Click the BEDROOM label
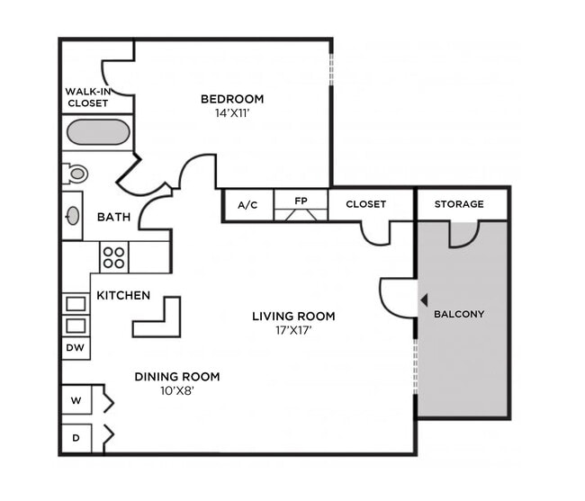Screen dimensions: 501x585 pyautogui.click(x=232, y=99)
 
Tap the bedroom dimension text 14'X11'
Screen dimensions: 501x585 pyautogui.click(x=232, y=113)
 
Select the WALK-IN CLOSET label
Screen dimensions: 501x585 pyautogui.click(x=87, y=97)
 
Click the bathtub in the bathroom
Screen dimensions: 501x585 pyautogui.click(x=98, y=133)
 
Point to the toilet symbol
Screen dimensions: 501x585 pyautogui.click(x=76, y=174)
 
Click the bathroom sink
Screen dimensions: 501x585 pyautogui.click(x=72, y=216)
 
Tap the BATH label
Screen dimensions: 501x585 pyautogui.click(x=114, y=217)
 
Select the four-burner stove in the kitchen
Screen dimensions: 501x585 pyautogui.click(x=113, y=257)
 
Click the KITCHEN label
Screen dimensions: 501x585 pyautogui.click(x=123, y=295)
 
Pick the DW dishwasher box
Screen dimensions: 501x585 pyautogui.click(x=76, y=347)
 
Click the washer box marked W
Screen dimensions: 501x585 pyautogui.click(x=76, y=399)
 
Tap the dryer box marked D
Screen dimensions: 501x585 pyautogui.click(x=76, y=437)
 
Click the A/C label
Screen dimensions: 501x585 pyautogui.click(x=247, y=205)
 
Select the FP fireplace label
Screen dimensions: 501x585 pyautogui.click(x=301, y=201)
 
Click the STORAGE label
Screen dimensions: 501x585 pyautogui.click(x=459, y=204)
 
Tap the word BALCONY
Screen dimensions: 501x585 pyautogui.click(x=459, y=314)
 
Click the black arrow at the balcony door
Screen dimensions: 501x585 pyautogui.click(x=423, y=300)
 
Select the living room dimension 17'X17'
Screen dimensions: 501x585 pyautogui.click(x=293, y=330)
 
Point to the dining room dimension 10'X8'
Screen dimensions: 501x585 pyautogui.click(x=177, y=391)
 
